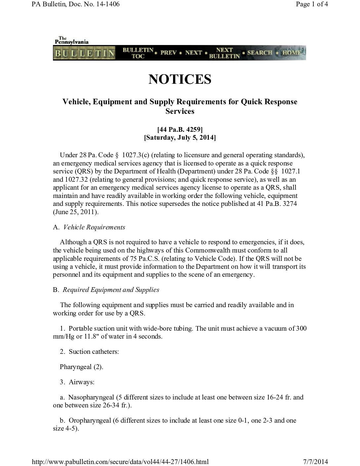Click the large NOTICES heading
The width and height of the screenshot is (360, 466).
[x=180, y=79]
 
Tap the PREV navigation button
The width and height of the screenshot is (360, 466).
[x=168, y=53]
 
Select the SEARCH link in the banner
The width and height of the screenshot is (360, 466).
[x=260, y=53]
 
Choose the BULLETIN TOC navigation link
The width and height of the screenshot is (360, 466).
[x=138, y=53]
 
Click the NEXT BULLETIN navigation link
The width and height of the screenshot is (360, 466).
[x=224, y=53]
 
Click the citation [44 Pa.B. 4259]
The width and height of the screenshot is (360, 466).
[x=180, y=129]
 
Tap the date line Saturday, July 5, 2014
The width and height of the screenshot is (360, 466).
[x=180, y=137]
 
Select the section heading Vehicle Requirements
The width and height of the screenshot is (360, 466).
[x=94, y=227]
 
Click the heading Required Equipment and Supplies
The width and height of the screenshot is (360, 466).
[x=111, y=290]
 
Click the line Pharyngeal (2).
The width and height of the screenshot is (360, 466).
[x=81, y=367]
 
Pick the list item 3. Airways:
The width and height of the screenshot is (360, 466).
[x=77, y=382]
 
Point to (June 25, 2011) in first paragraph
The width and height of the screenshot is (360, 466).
[x=76, y=212]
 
